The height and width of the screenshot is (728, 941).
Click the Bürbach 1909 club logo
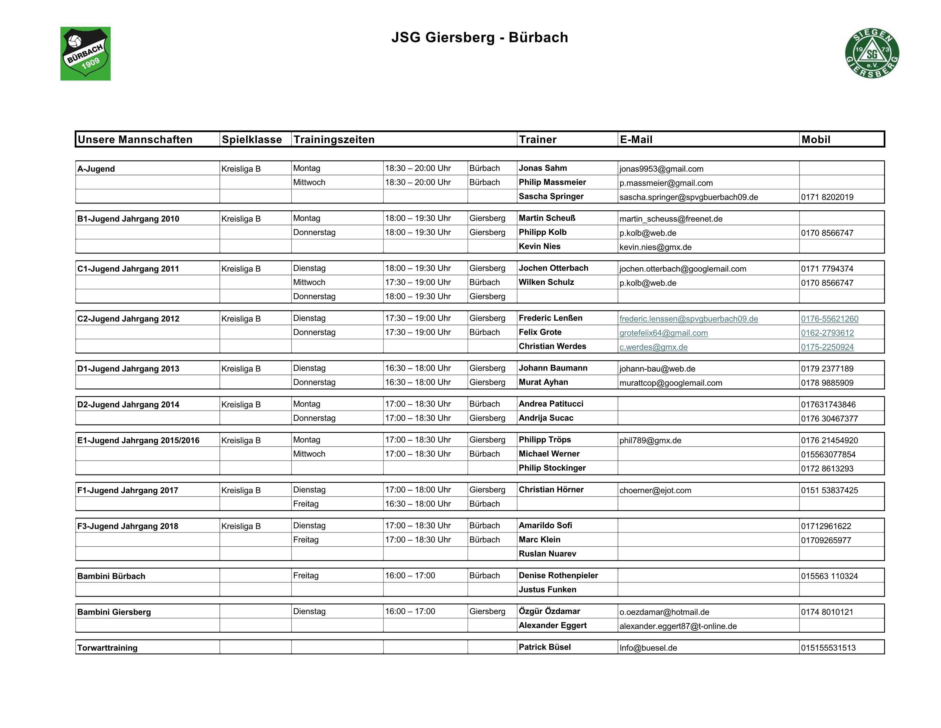(85, 53)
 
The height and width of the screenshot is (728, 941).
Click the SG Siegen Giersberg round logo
(872, 53)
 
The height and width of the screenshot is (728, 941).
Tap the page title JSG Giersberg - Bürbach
(480, 37)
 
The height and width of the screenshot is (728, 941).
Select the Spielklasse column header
(252, 139)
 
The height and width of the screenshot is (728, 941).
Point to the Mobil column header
(816, 139)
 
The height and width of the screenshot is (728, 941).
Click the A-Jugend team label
(96, 169)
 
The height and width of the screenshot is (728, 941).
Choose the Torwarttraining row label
(107, 647)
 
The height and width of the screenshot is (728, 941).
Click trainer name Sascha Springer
(551, 196)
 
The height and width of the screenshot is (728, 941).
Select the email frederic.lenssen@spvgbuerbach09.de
(689, 319)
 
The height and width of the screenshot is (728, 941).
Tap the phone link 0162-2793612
(827, 333)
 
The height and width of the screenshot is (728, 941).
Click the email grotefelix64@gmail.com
(664, 333)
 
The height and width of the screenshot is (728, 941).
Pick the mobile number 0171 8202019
(827, 197)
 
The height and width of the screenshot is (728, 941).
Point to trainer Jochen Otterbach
(553, 268)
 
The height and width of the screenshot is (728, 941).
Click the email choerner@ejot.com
(655, 490)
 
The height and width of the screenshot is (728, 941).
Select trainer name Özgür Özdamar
(549, 611)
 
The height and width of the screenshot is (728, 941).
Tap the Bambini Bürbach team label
(111, 576)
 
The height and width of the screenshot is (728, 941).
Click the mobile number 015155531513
(828, 647)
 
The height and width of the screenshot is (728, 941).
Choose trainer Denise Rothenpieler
(558, 575)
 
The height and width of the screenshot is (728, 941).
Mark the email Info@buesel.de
(648, 647)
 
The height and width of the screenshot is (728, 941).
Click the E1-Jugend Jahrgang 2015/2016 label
(138, 440)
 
